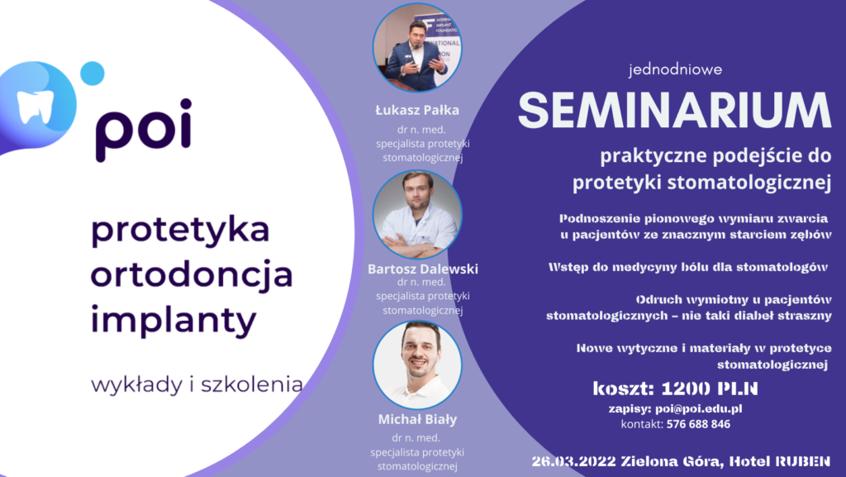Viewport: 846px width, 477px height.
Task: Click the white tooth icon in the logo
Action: (x=36, y=106)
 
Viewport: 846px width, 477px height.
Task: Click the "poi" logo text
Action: (x=142, y=128)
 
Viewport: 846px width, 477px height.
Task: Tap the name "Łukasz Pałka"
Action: (x=417, y=111)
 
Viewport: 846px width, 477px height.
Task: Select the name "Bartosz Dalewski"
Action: (x=422, y=269)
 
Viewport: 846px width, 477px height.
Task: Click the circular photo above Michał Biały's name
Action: (x=417, y=364)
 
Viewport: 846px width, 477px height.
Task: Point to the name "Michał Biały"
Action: (x=417, y=419)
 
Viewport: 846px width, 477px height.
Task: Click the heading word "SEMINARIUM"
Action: (x=674, y=111)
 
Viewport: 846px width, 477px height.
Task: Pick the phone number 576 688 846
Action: (x=698, y=424)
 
